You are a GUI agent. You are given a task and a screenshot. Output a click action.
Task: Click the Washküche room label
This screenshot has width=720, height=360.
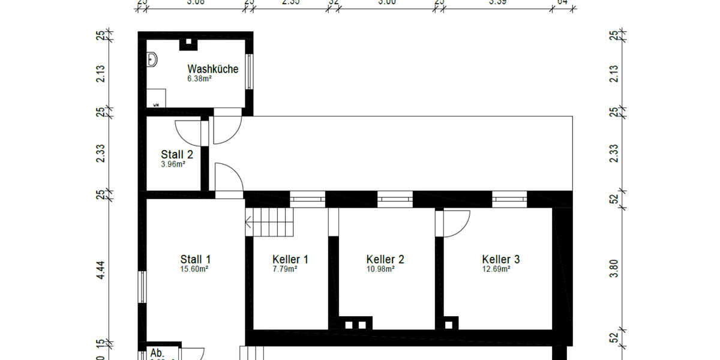point(212,69)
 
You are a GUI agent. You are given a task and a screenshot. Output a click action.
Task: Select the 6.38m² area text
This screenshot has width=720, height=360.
point(199,78)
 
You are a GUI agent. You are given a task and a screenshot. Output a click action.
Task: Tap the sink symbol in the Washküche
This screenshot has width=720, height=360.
point(152,59)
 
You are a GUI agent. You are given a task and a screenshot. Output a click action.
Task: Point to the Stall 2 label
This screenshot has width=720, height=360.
point(176,155)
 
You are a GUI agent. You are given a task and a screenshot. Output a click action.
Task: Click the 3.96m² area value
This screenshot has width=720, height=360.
point(173,164)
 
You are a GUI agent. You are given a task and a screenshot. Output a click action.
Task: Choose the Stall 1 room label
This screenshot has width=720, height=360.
point(195,259)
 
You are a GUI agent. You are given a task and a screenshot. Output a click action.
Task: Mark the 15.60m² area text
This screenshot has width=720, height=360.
point(194,269)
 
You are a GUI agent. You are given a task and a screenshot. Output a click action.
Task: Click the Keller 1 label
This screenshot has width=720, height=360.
point(290,259)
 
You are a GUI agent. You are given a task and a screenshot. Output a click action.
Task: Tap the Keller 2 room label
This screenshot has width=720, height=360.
point(385,259)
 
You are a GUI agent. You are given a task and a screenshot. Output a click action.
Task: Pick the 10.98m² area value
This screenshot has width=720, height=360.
point(381,269)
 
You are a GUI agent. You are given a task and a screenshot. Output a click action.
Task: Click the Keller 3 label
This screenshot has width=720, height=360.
point(500,259)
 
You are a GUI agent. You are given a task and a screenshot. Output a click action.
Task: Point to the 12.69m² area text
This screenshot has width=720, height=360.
point(496,269)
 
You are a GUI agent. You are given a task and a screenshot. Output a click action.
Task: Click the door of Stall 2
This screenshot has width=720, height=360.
point(187,132)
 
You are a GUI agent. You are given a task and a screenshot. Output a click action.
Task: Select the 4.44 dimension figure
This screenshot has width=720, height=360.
point(101,271)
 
